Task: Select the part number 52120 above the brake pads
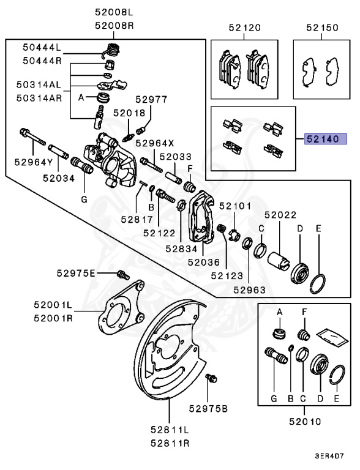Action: [244, 28]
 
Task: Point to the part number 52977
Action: [151, 99]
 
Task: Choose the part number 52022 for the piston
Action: [280, 215]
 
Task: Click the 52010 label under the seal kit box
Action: [306, 421]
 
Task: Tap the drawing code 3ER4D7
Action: [331, 457]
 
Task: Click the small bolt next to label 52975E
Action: [121, 273]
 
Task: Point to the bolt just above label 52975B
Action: [212, 379]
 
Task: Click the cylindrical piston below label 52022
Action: [279, 253]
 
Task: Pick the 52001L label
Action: [53, 304]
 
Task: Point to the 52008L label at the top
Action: [113, 12]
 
